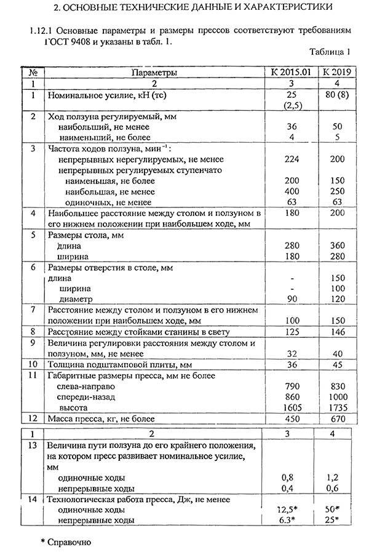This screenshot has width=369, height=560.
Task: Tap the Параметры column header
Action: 154,72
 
